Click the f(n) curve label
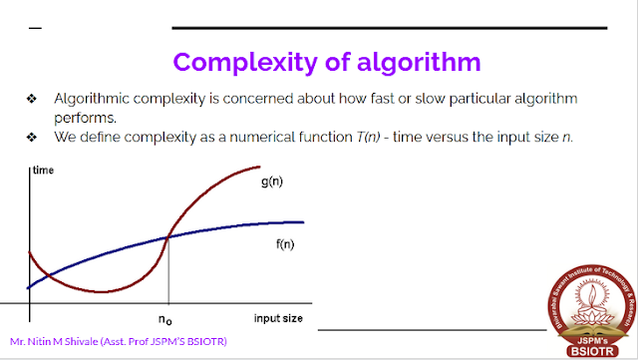coord(284,244)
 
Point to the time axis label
coord(44,172)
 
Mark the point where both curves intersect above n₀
coord(167,236)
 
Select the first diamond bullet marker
coord(32,100)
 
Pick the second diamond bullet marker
coord(32,137)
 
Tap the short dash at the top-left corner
coord(36,27)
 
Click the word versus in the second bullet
coord(446,137)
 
